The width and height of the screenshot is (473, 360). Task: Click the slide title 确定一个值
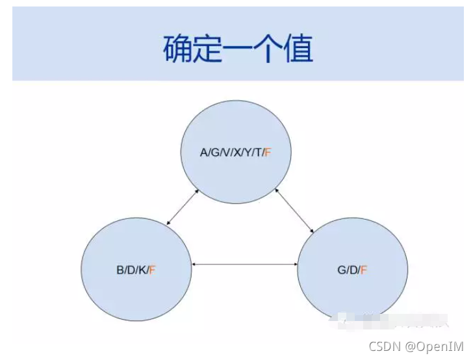(x=237, y=49)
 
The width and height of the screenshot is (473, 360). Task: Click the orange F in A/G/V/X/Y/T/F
(x=268, y=153)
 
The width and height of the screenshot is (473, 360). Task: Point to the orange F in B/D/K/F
(x=153, y=270)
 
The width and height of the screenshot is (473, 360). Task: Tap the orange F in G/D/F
(x=364, y=270)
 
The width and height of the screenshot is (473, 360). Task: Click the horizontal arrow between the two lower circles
(x=246, y=264)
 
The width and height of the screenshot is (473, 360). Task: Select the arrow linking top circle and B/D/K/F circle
(x=183, y=207)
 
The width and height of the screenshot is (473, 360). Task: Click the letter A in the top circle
(x=203, y=153)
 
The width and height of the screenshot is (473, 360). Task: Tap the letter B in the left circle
(x=120, y=270)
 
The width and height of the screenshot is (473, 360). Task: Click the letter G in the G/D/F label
(x=341, y=270)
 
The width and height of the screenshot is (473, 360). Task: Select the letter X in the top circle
(x=237, y=153)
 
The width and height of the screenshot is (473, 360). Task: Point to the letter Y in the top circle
(x=248, y=153)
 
